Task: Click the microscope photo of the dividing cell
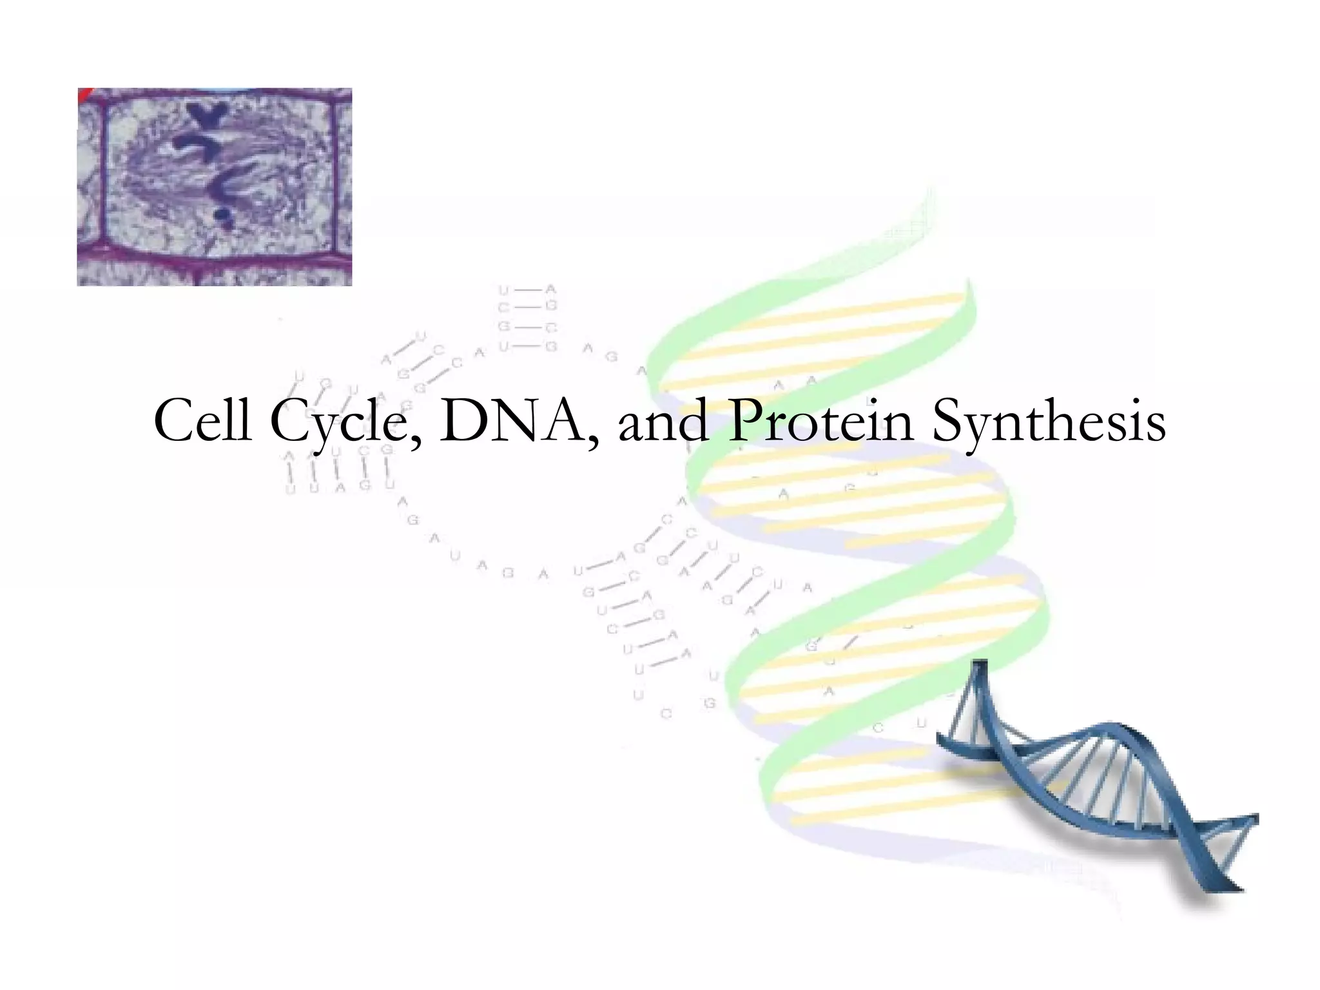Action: [215, 187]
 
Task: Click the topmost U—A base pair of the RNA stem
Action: [527, 291]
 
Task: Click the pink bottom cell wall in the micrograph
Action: [215, 258]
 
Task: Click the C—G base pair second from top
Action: [527, 307]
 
